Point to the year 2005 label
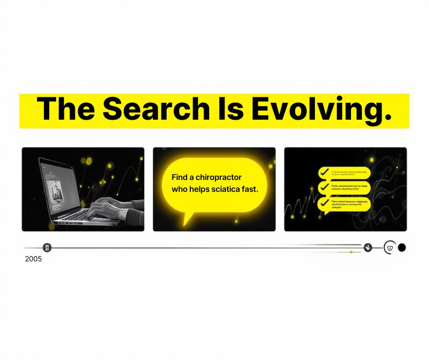point(33,259)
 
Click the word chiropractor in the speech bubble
point(220,177)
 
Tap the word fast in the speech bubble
point(251,189)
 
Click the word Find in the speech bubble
point(179,177)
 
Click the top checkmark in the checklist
point(324,172)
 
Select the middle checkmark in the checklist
point(324,187)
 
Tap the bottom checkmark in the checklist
point(324,202)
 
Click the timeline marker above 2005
point(47,248)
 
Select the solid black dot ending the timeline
point(402,248)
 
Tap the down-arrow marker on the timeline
point(368,248)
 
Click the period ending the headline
point(388,120)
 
